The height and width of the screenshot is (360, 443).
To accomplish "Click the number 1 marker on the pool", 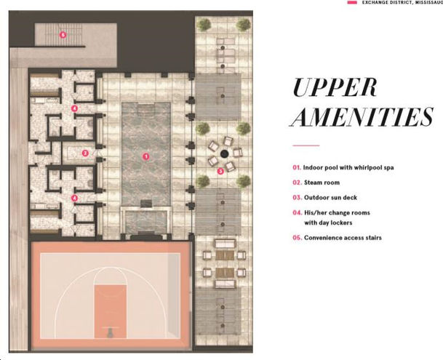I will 145,156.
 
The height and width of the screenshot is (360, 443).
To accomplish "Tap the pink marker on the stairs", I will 63,34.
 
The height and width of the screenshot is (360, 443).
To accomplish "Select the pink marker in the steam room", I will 85,153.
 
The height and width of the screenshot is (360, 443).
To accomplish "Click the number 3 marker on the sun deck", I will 220,172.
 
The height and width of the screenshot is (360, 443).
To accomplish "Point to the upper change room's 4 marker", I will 74,108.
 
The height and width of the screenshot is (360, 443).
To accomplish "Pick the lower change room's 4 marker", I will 74,198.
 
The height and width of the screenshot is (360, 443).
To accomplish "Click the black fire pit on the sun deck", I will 226,153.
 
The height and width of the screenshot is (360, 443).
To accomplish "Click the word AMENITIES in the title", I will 362,116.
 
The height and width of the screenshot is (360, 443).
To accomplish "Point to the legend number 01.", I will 297,167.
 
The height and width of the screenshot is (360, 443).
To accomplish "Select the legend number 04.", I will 297,212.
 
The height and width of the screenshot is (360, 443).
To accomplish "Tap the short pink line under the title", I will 306,145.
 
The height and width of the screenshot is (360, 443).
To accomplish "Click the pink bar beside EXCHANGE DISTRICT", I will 352,3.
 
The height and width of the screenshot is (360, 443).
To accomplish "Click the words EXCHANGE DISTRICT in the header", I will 386,3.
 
